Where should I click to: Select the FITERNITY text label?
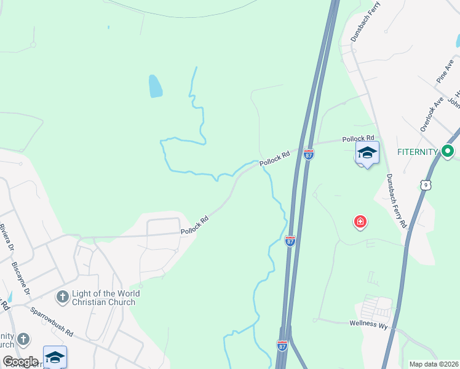tap(417, 151)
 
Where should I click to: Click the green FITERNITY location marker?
tap(448, 151)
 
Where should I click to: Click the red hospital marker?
tap(360, 221)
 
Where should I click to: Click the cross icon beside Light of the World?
tap(61, 298)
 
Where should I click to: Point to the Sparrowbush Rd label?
tap(52, 321)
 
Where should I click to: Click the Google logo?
tap(20, 362)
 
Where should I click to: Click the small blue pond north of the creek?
tap(156, 86)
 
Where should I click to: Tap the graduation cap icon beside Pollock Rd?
tap(367, 153)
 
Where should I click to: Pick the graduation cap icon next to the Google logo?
tap(55, 357)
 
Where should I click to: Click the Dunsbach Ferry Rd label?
tap(395, 200)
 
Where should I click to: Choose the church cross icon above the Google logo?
tap(23, 339)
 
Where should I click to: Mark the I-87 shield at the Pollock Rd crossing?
tap(309, 154)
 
